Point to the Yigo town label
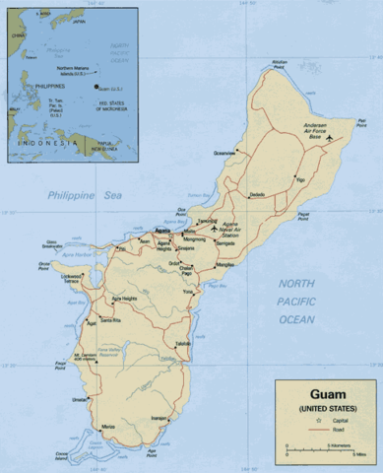(300, 180)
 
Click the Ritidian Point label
(280, 64)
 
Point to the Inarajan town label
(158, 417)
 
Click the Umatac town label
(80, 399)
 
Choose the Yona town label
(187, 291)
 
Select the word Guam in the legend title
(327, 392)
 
